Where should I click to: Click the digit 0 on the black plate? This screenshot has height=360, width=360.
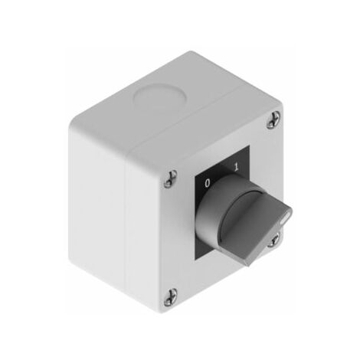pos(208,183)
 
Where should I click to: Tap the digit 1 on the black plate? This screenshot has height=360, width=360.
pos(237,167)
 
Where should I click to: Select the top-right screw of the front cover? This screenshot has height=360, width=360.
pos(273,119)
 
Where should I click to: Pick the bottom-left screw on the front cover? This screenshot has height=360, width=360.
pos(171,297)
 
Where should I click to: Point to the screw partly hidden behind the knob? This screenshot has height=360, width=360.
pos(274,240)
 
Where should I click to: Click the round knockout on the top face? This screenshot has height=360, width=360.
pos(159,98)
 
